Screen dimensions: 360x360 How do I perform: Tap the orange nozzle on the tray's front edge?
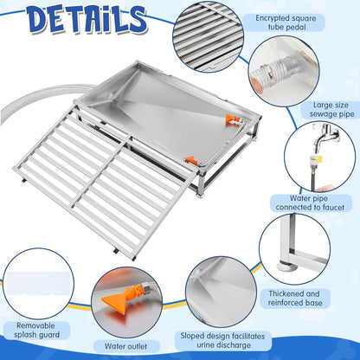coord(190,159)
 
